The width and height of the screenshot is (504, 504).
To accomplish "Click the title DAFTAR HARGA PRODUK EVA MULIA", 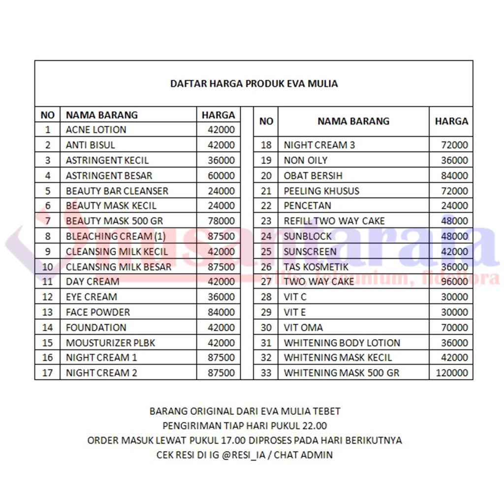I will point(254,84).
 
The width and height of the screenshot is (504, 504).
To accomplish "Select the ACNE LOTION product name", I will point(96,130).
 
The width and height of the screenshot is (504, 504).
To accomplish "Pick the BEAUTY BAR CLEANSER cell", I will point(117,191).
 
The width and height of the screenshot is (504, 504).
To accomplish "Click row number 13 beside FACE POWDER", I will point(47,313).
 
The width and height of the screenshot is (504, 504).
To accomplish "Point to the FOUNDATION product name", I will point(96,328).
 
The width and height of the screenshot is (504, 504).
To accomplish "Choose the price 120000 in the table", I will point(452,373).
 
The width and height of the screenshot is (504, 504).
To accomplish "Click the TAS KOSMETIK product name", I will point(316,267).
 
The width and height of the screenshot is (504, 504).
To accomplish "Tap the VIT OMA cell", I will point(303,328).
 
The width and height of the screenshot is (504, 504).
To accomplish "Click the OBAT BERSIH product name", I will point(313,176).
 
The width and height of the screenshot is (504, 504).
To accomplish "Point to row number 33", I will point(266,373).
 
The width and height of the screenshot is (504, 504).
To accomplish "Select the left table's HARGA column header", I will point(218,115).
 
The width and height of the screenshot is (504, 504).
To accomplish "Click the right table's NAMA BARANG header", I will point(353,121).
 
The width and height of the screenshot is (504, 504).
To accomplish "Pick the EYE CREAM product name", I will point(92,297).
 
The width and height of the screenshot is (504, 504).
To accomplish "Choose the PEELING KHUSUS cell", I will point(321,191).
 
